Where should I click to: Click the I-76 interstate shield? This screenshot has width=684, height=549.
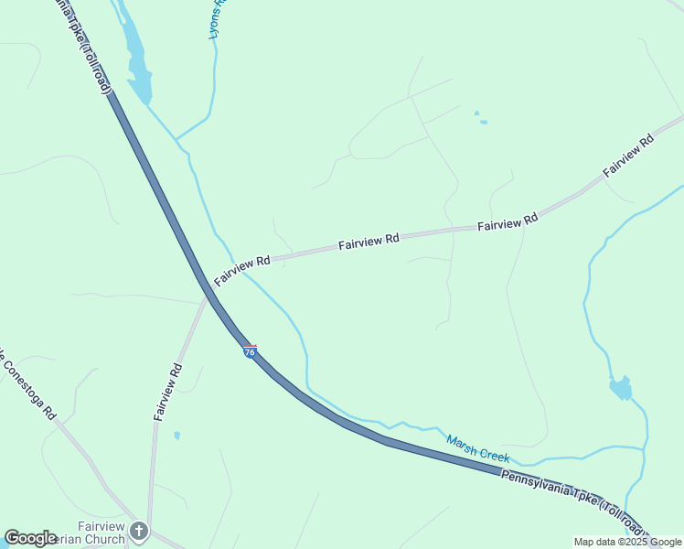pyautogui.click(x=250, y=351)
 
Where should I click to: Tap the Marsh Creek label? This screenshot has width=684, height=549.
pyautogui.click(x=477, y=449)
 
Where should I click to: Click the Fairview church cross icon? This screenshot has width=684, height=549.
pyautogui.click(x=138, y=531)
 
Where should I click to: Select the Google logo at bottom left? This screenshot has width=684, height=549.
pyautogui.click(x=30, y=538)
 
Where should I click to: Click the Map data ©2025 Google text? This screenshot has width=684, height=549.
pyautogui.click(x=627, y=542)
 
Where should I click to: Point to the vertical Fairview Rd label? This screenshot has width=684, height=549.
pyautogui.click(x=168, y=392)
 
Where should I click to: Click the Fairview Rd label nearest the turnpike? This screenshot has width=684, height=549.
pyautogui.click(x=242, y=268)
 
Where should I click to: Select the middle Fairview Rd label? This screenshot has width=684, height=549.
pyautogui.click(x=369, y=242)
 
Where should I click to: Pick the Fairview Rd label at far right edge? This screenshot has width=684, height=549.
pyautogui.click(x=628, y=156)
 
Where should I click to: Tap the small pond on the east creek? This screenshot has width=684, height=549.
pyautogui.click(x=621, y=388)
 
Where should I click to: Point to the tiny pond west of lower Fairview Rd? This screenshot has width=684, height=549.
pyautogui.click(x=176, y=436)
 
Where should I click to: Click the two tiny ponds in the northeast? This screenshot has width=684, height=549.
pyautogui.click(x=480, y=118)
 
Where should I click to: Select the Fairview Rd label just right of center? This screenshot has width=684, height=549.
pyautogui.click(x=508, y=222)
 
